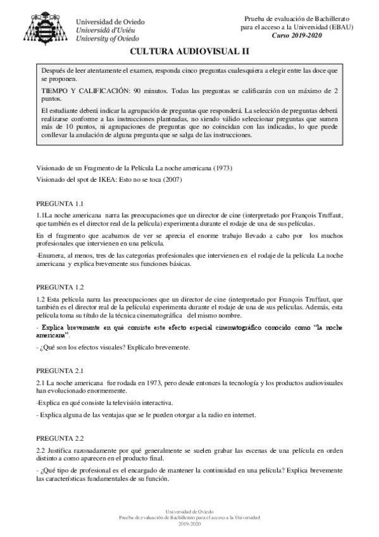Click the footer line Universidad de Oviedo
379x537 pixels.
point(189,510)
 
